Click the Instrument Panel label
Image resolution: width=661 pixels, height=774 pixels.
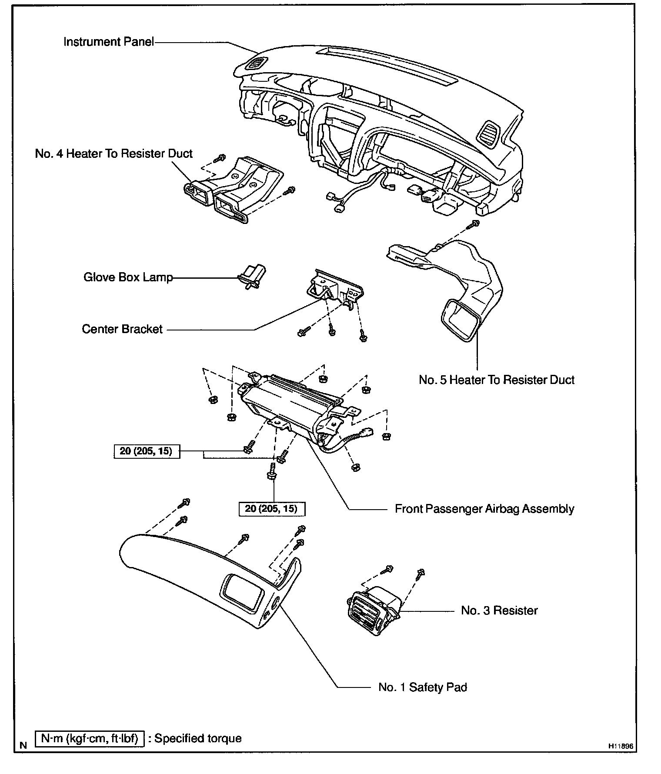(x=109, y=42)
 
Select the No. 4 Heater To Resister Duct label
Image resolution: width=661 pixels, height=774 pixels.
(x=114, y=153)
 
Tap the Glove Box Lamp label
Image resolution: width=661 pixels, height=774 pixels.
(x=128, y=277)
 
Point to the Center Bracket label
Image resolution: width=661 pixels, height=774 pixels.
(x=122, y=329)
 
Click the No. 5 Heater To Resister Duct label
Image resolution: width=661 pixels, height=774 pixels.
(x=497, y=380)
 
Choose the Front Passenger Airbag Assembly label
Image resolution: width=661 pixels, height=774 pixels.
(x=484, y=509)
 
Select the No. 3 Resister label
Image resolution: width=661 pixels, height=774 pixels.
(x=499, y=611)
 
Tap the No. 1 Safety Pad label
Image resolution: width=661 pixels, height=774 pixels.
(x=423, y=687)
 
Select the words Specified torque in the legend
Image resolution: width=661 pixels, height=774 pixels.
(x=198, y=738)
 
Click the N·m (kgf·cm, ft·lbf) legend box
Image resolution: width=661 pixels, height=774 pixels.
(x=89, y=738)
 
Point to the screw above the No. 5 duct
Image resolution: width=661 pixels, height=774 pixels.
(x=473, y=225)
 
